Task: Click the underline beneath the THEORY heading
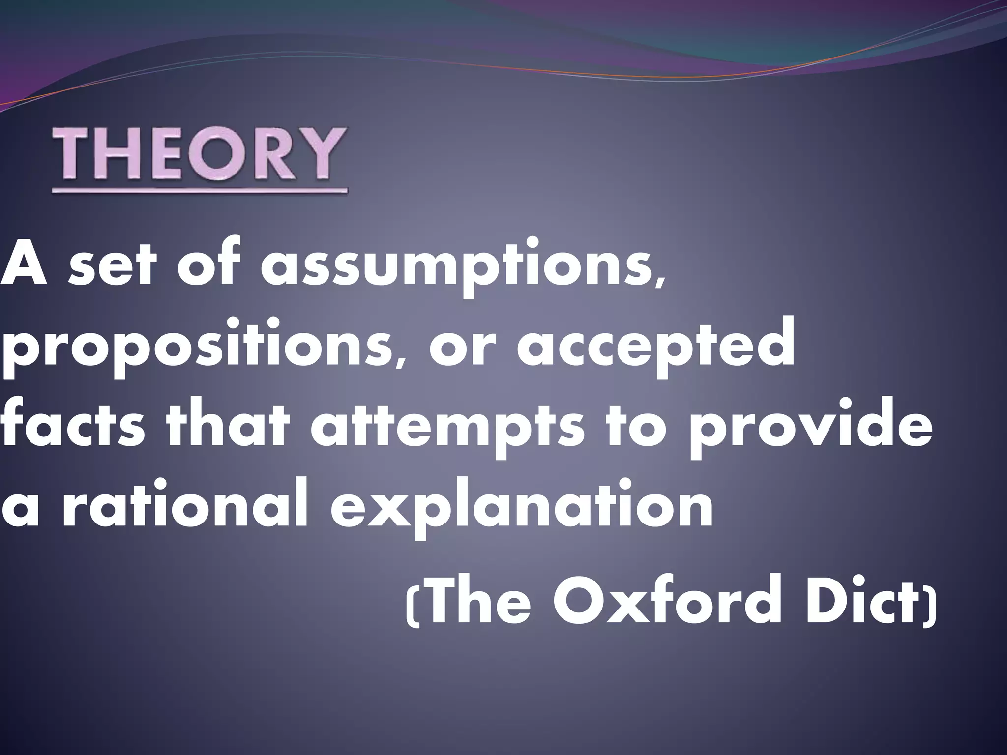click(200, 190)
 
